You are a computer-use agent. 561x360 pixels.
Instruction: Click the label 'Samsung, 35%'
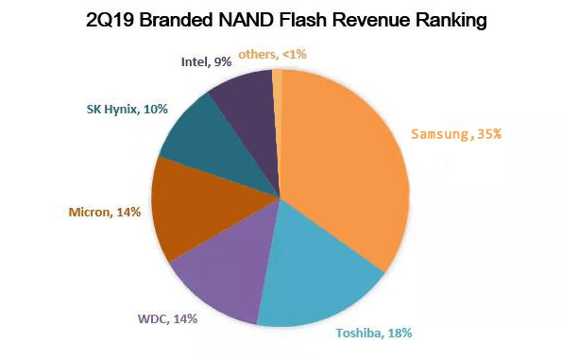pyautogui.click(x=456, y=134)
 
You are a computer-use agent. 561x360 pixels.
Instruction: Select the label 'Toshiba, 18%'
pyautogui.click(x=373, y=333)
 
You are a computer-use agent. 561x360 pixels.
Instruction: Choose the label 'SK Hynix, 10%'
pyautogui.click(x=120, y=110)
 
